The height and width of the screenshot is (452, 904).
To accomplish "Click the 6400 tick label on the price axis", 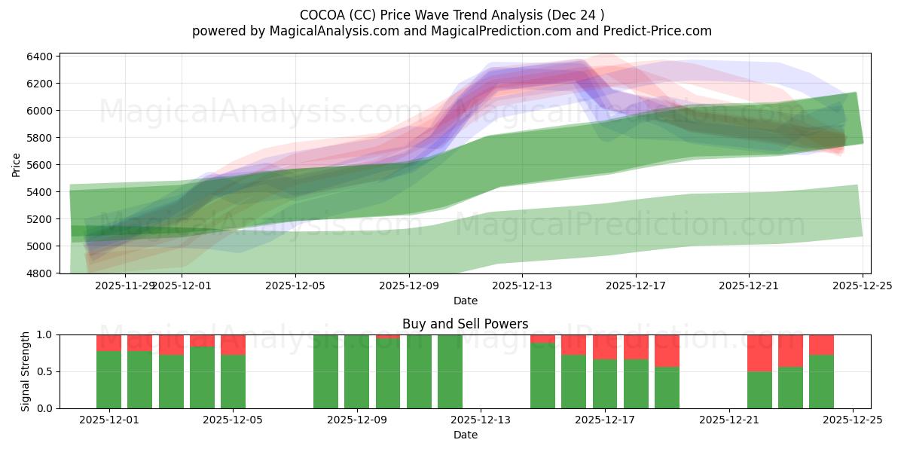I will (x=40, y=56).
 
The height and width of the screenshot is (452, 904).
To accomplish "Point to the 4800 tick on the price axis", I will (x=40, y=273).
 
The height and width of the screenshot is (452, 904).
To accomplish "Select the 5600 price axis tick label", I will (x=40, y=165).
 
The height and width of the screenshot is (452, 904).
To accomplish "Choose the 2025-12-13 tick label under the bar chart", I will (x=481, y=420).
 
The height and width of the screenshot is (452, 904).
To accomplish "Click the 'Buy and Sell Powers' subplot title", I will (x=465, y=324).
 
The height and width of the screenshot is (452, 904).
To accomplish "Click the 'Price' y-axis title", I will (x=17, y=165).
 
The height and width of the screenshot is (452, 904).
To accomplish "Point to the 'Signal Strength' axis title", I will (x=25, y=371).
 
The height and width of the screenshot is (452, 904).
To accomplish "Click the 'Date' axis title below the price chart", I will (x=465, y=301).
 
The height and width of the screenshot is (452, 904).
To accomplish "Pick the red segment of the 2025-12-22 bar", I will (x=759, y=353).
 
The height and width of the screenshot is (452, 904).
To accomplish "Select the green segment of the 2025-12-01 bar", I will (x=108, y=380).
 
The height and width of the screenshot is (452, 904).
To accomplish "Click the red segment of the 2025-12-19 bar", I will (x=667, y=350).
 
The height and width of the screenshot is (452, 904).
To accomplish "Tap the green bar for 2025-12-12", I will (x=450, y=371).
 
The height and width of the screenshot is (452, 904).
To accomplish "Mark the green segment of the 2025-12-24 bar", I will (x=821, y=381).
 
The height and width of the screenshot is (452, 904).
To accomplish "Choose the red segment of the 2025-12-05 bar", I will (x=233, y=344).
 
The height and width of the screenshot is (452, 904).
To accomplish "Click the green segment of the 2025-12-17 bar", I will (x=605, y=383).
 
